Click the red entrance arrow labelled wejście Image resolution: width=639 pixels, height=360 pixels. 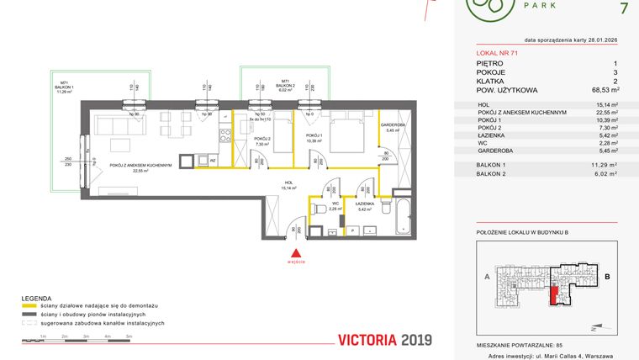tap(294, 253)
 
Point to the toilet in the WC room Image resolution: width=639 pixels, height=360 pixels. tap(319, 208)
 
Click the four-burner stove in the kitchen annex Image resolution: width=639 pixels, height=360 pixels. tap(224, 132)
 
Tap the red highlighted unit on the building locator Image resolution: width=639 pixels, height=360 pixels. tap(552, 294)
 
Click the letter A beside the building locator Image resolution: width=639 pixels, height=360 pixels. tap(487, 276)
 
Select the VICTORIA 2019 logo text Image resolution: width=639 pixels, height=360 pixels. tap(383, 341)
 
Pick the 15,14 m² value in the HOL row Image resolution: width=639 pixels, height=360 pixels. tap(605, 105)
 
